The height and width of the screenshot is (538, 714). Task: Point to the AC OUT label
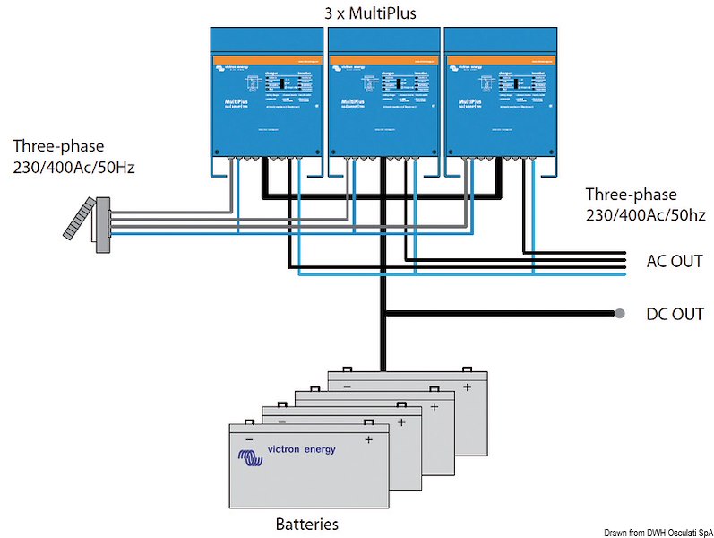[x=674, y=262]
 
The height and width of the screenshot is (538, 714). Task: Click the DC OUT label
[x=674, y=314]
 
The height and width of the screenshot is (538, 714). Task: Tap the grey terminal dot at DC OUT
[x=619, y=314]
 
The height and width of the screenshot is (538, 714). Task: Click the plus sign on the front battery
[x=367, y=439]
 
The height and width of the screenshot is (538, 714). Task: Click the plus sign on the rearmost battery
[x=466, y=386]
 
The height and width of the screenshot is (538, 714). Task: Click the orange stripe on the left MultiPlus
[x=266, y=58]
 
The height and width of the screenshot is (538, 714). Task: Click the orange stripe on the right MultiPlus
[x=499, y=58]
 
